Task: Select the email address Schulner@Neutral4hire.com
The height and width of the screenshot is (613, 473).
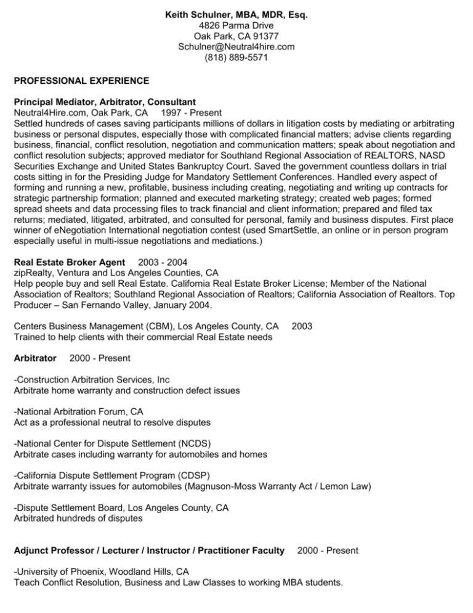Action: pos(236,46)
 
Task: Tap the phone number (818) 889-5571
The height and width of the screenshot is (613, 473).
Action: pos(236,59)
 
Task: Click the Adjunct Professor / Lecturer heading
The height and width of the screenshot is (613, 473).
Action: pos(148,549)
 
